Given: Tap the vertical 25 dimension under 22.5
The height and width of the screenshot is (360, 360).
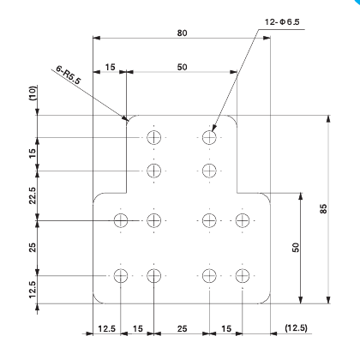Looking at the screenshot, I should point(32,248).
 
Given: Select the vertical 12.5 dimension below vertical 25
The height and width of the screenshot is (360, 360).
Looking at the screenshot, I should point(32,290).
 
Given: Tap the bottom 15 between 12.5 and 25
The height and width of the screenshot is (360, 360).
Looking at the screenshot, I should point(137,328).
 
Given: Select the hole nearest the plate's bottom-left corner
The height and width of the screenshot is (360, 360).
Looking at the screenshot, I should point(121,275).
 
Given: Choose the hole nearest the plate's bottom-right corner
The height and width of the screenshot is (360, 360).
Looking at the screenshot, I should point(243,275).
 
